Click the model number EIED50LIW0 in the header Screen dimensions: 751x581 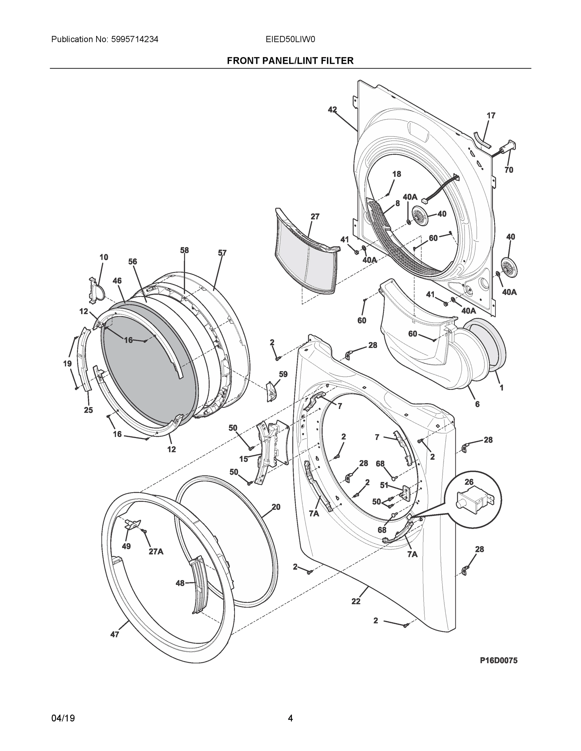click(290, 39)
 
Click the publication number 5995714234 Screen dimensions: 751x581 click(135, 39)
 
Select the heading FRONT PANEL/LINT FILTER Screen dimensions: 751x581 click(290, 61)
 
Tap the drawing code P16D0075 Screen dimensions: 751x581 click(499, 660)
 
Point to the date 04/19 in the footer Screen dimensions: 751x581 click(63, 718)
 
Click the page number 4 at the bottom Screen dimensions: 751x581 click(290, 718)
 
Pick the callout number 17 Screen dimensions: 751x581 click(491, 115)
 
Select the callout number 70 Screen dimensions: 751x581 click(509, 170)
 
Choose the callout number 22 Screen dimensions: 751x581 click(356, 601)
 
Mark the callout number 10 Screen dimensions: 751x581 click(104, 257)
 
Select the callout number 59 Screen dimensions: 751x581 click(283, 374)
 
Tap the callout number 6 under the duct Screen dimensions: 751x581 click(477, 404)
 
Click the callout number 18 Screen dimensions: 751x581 click(397, 174)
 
